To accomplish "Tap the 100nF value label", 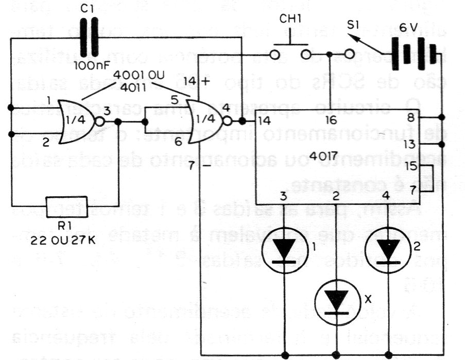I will coord(90,66).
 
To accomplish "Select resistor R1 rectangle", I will coord(66,207).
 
